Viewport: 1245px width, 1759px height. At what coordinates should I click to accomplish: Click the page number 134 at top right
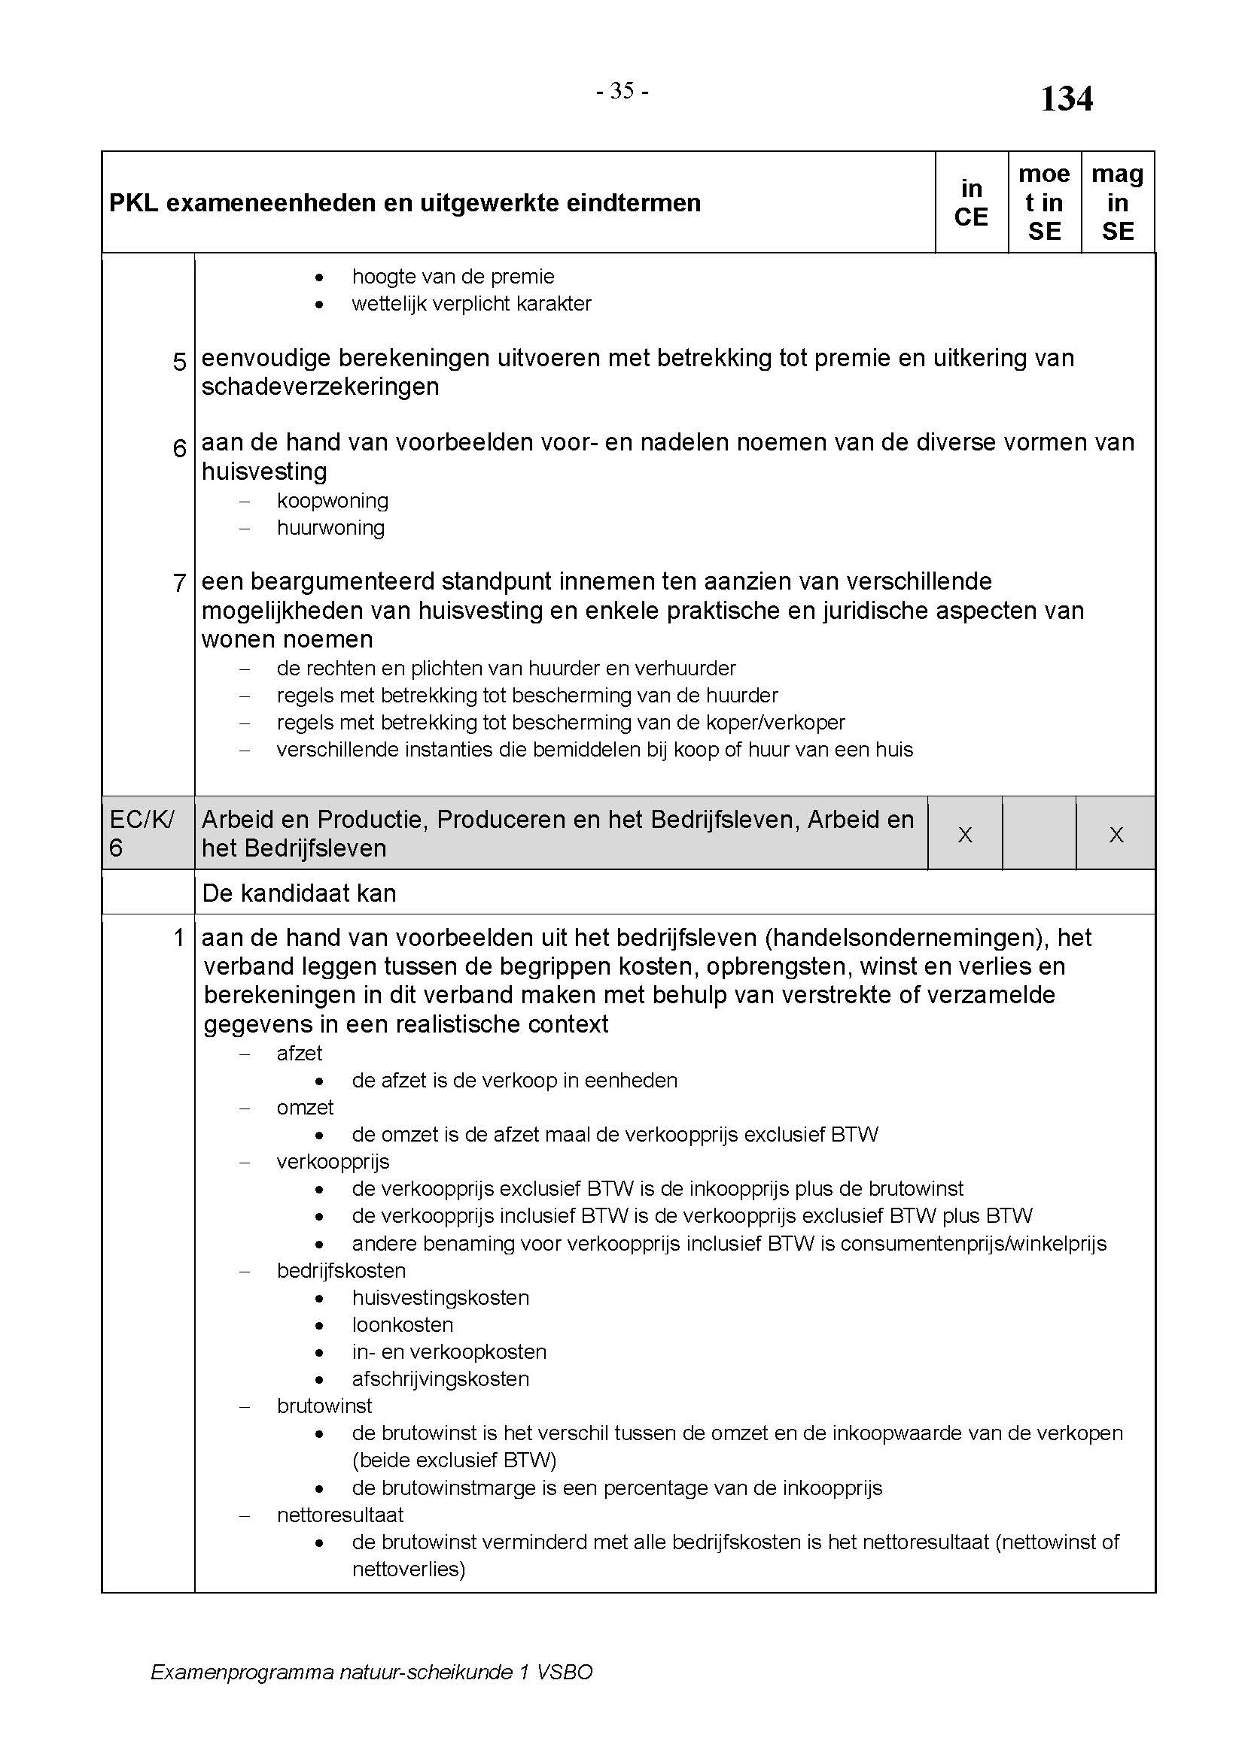pyautogui.click(x=1066, y=99)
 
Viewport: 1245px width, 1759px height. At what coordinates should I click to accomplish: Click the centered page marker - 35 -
pyautogui.click(x=622, y=91)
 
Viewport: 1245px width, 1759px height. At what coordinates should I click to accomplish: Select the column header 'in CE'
pyautogui.click(x=970, y=203)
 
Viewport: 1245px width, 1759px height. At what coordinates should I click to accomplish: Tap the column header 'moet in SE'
pyautogui.click(x=1043, y=203)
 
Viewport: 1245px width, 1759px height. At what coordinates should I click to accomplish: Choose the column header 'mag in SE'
pyautogui.click(x=1117, y=203)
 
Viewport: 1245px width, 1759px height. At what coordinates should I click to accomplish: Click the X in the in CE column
pyautogui.click(x=965, y=835)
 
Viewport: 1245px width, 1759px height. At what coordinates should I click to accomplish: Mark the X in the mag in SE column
pyautogui.click(x=1116, y=835)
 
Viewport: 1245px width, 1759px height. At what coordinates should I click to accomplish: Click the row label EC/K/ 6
pyautogui.click(x=141, y=833)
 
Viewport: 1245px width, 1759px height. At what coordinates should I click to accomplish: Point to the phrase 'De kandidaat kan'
pyautogui.click(x=299, y=893)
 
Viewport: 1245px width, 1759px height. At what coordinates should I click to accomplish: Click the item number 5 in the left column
pyautogui.click(x=179, y=362)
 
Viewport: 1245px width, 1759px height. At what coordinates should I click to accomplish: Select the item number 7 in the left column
pyautogui.click(x=179, y=583)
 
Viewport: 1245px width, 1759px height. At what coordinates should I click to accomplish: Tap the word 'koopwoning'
pyautogui.click(x=333, y=501)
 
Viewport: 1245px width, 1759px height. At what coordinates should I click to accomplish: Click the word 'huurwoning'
pyautogui.click(x=331, y=528)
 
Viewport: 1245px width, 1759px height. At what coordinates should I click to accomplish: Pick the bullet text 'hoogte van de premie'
pyautogui.click(x=453, y=277)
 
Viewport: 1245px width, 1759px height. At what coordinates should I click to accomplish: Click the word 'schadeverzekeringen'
pyautogui.click(x=321, y=387)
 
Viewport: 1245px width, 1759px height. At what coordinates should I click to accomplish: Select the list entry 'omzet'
pyautogui.click(x=305, y=1108)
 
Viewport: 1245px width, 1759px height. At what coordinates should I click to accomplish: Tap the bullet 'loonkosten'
pyautogui.click(x=403, y=1324)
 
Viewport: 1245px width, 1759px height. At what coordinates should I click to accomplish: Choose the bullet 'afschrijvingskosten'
pyautogui.click(x=441, y=1379)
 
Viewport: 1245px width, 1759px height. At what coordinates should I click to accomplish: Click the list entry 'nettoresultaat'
pyautogui.click(x=339, y=1515)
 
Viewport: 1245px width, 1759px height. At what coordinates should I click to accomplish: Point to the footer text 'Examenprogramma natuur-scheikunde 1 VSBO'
pyautogui.click(x=372, y=1673)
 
